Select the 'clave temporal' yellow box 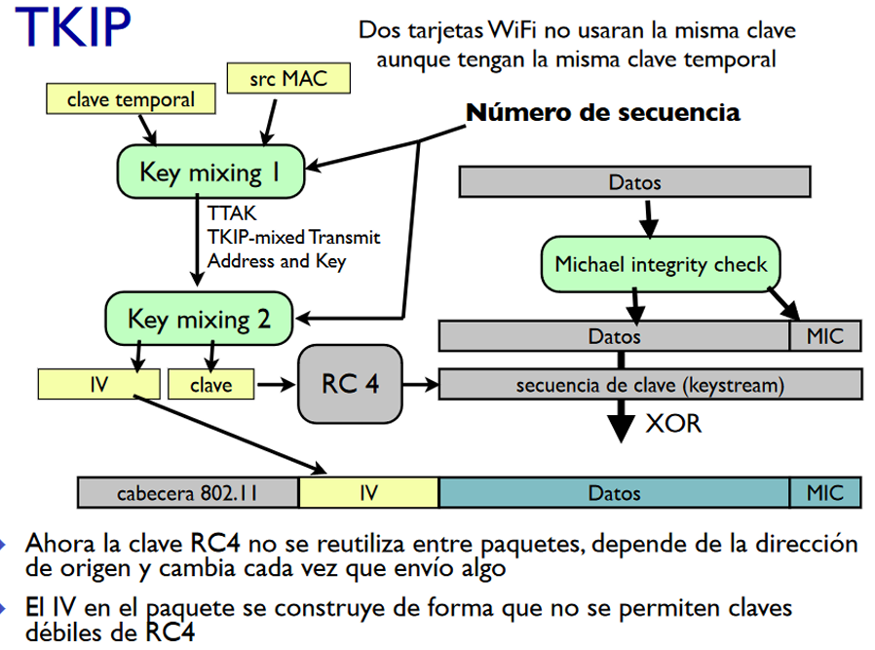click(x=131, y=99)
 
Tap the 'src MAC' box click(x=288, y=78)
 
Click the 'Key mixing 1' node click(x=210, y=172)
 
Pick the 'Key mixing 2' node click(x=199, y=319)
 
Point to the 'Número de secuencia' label click(x=603, y=112)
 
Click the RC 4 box click(x=350, y=384)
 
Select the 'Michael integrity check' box click(x=661, y=264)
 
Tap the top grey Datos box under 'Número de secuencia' click(x=634, y=182)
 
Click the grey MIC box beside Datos click(x=825, y=336)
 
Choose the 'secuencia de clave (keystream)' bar click(x=650, y=384)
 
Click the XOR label click(x=673, y=424)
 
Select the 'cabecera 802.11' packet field click(x=188, y=493)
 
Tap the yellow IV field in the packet click(x=369, y=493)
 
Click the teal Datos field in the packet click(x=615, y=493)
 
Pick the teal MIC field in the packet click(x=825, y=493)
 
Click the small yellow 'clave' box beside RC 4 click(x=210, y=384)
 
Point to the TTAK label click(x=232, y=213)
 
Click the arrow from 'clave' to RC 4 click(x=276, y=384)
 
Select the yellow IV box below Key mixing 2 click(x=98, y=384)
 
